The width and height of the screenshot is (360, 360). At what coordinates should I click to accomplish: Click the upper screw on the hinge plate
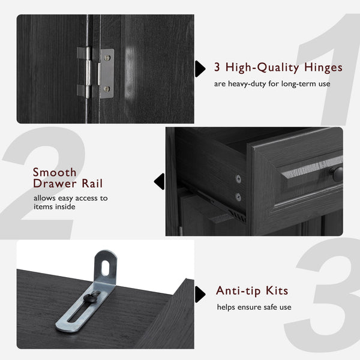point(107,58)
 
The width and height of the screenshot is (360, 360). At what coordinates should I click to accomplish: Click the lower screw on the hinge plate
point(107,89)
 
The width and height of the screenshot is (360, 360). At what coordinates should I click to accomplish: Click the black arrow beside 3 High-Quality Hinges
point(199,68)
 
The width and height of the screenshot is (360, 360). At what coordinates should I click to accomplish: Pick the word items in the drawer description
point(44,206)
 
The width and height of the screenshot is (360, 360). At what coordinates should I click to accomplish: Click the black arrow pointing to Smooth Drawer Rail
point(159,181)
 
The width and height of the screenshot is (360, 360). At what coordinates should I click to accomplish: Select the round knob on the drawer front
point(338,175)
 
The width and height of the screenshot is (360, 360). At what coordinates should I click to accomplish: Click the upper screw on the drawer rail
point(238,178)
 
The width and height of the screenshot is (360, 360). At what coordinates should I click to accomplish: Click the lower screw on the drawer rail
point(238,196)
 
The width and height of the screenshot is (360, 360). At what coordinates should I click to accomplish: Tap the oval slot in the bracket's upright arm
point(107,264)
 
